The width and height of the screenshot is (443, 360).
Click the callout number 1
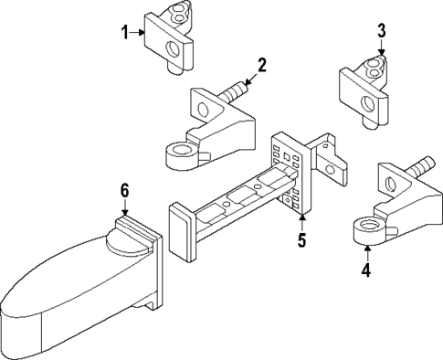(125, 33)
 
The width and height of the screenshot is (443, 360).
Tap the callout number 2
(262, 66)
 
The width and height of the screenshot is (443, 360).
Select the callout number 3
(382, 31)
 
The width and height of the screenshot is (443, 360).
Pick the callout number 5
(301, 239)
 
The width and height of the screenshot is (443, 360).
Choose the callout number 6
(124, 191)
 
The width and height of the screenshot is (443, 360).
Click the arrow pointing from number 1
(137, 32)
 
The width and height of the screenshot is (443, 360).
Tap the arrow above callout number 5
(301, 222)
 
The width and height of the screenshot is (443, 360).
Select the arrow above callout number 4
(367, 253)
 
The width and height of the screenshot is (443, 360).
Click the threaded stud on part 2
(235, 92)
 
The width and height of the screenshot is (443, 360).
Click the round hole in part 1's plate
(172, 49)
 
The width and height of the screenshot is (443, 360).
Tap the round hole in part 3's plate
(367, 104)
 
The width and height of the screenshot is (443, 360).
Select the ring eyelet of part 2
(182, 155)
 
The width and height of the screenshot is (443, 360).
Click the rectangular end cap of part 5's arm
(181, 231)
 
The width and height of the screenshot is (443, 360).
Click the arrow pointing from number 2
(250, 79)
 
